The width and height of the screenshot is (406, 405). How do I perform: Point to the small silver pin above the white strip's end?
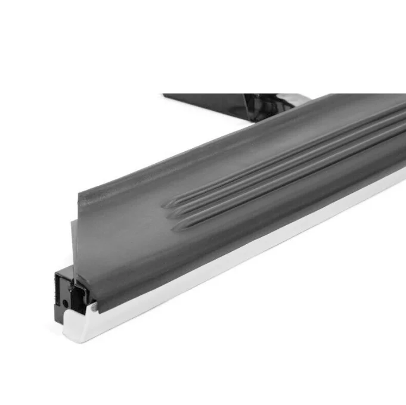tap(93, 307)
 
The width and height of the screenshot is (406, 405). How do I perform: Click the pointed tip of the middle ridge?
tap(168, 216)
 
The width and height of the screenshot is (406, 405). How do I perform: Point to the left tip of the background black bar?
tap(164, 95)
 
